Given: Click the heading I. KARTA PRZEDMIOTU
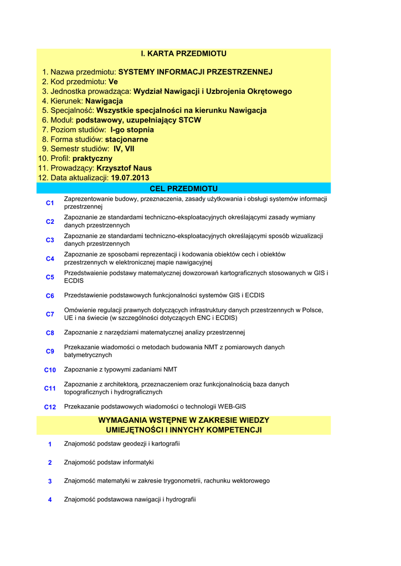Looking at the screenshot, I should coord(183,54).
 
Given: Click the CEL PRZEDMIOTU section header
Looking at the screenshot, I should coord(183,188).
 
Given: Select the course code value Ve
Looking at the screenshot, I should coord(114,82).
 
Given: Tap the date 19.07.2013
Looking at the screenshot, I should coord(130,178).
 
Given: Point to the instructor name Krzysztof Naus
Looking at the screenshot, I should coord(124,168).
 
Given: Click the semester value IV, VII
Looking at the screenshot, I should coord(124,149).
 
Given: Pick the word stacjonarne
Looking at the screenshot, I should coord(126,139).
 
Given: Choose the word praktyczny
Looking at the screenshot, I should coord(92,159).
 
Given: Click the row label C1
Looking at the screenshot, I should coord(50,203).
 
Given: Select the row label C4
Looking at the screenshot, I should coord(50,259).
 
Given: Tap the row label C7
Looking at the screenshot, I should coord(50,315).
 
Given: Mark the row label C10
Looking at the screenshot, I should coord(50,370).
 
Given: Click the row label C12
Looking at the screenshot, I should coord(50,407).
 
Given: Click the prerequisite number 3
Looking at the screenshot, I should coord(50,481).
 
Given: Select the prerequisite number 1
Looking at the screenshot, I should coord(50,444).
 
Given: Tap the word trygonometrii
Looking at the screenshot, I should coord(182,481).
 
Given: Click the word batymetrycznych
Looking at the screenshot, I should coord(88,355).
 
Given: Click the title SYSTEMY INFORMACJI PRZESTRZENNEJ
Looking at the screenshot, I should coord(196,72).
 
